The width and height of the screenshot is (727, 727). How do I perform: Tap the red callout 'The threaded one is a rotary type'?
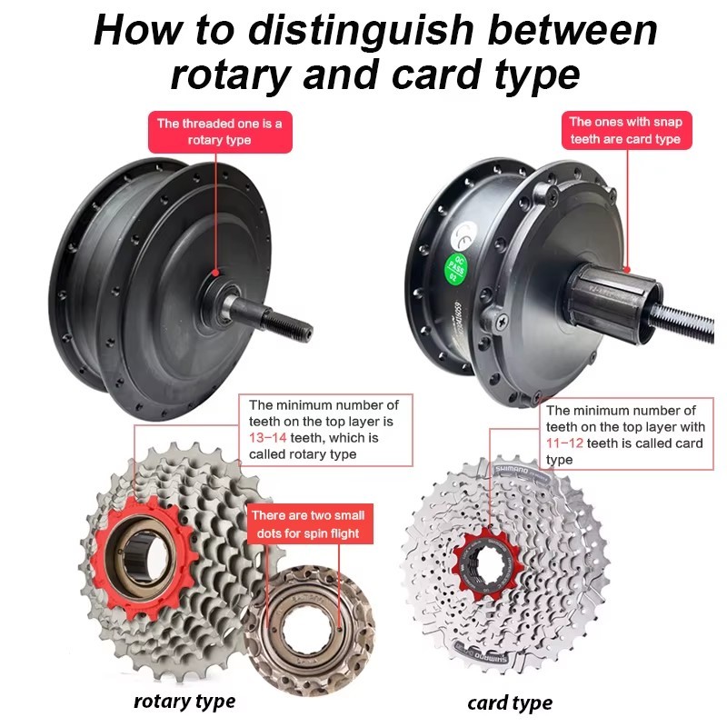(219, 132)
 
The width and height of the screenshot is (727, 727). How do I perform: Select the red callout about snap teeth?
(624, 131)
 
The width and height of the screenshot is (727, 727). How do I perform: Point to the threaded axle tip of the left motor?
(292, 324)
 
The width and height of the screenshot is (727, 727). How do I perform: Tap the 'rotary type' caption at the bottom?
(184, 701)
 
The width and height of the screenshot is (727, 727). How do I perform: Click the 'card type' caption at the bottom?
(510, 702)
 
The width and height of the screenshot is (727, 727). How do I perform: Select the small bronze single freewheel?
(314, 618)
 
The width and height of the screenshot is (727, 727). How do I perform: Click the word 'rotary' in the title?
(228, 75)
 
